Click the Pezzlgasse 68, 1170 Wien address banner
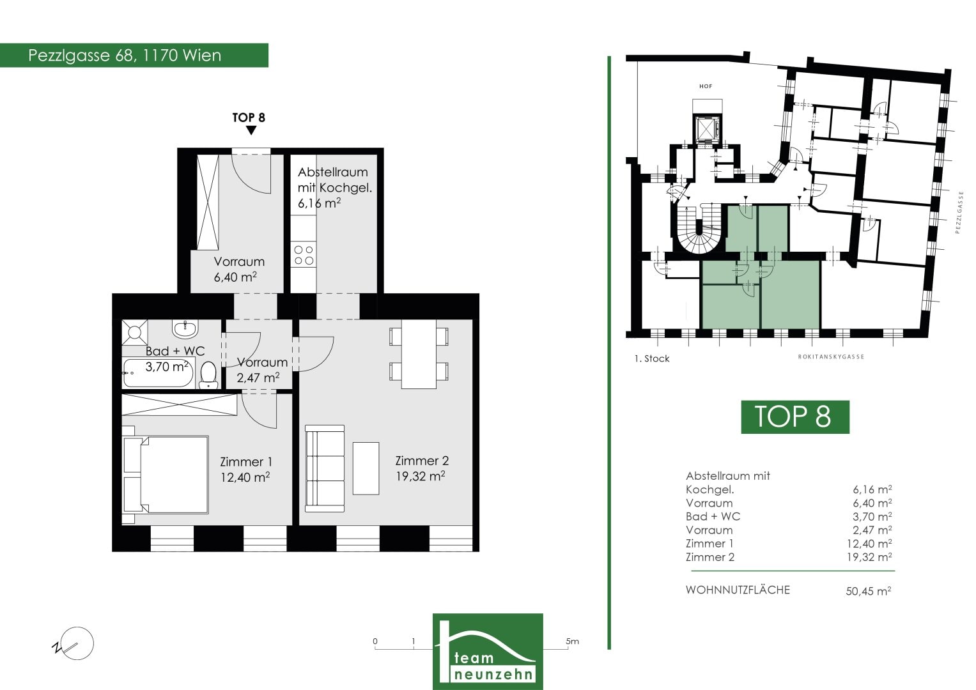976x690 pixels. pos(134,56)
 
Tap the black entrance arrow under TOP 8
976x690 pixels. pos(251,130)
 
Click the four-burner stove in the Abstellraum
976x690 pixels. pos(304,256)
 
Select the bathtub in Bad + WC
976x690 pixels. pos(159,373)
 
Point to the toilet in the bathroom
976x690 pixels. pos(209,375)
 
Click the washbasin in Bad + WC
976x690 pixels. pos(185,328)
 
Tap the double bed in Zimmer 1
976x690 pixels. pos(165,475)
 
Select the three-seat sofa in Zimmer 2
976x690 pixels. pos(325,468)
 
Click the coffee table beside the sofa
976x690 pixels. pos(366,468)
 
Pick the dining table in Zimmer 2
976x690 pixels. pos(419,354)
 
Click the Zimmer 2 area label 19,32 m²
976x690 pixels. pos(421,476)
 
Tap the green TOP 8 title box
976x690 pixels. pos(795,417)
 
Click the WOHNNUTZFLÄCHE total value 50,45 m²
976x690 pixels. pos(869,591)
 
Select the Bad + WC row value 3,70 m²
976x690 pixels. pos(872,517)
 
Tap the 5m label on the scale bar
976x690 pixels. pos(572,641)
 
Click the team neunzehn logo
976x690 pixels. pos(488,652)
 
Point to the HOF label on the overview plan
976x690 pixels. pos(706,86)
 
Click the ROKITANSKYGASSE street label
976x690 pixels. pos(832,356)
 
